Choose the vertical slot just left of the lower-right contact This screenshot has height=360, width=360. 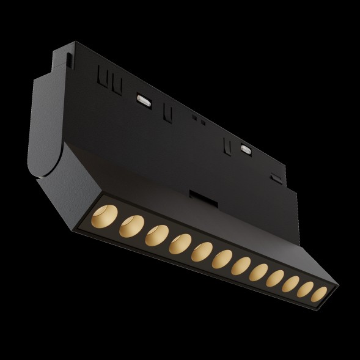[227, 145]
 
